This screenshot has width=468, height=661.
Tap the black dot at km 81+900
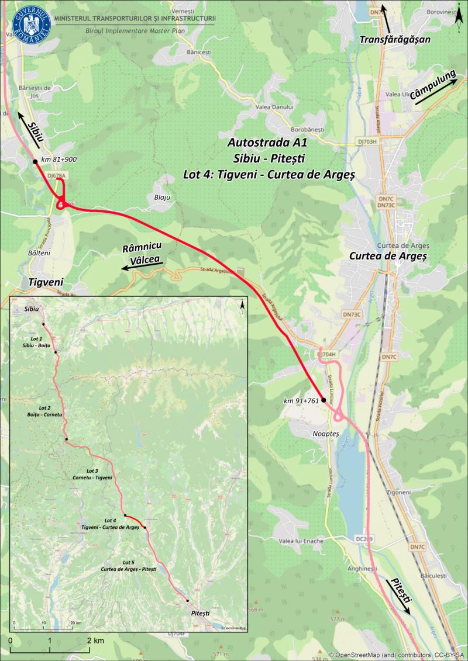(35, 161)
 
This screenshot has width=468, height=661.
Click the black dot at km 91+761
(323, 401)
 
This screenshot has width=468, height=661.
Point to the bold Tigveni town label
(45, 283)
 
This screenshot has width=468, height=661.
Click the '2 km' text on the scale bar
(95, 641)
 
